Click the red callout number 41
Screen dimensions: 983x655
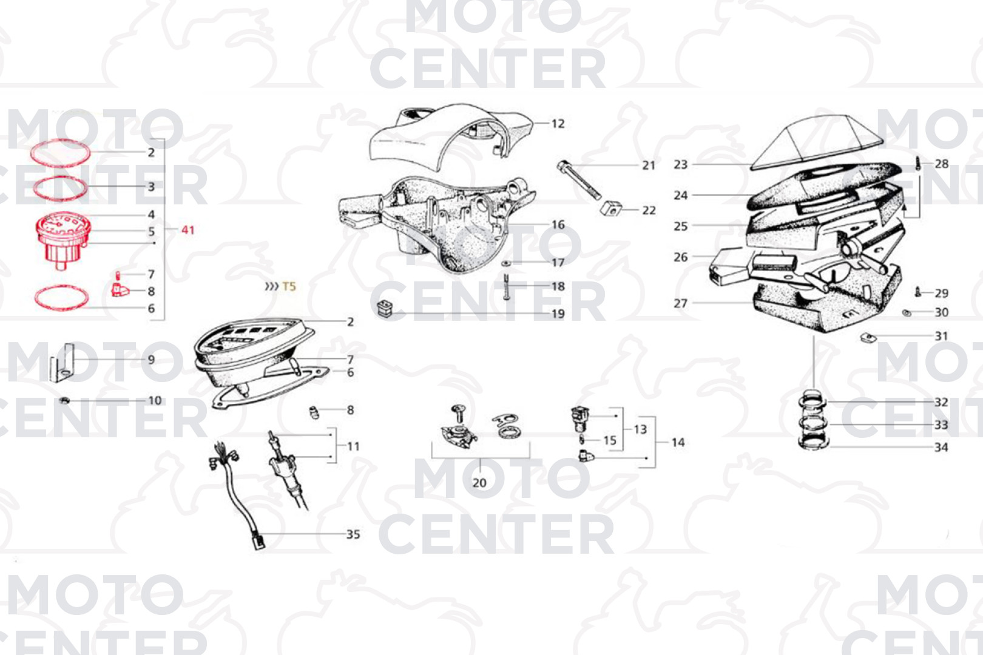[x=188, y=230]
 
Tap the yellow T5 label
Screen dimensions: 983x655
[x=289, y=286]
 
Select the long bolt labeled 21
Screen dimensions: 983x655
[x=579, y=180]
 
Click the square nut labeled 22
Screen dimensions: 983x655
[x=611, y=209]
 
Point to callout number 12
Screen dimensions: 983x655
[x=558, y=124]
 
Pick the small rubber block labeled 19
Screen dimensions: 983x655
[x=385, y=308]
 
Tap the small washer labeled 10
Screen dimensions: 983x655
[x=64, y=400]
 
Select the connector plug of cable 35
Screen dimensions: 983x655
[x=259, y=540]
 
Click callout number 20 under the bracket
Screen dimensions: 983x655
[x=479, y=483]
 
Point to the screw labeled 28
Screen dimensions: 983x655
[x=917, y=164]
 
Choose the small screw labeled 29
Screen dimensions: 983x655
[x=917, y=292]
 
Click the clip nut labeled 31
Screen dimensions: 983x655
[x=868, y=337]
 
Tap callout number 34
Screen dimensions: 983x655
[x=941, y=448]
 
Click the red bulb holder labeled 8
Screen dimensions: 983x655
[x=120, y=290]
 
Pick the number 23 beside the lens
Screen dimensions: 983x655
[x=681, y=164]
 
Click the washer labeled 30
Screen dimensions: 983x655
[x=907, y=313]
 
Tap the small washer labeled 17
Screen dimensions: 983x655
[x=506, y=263]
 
